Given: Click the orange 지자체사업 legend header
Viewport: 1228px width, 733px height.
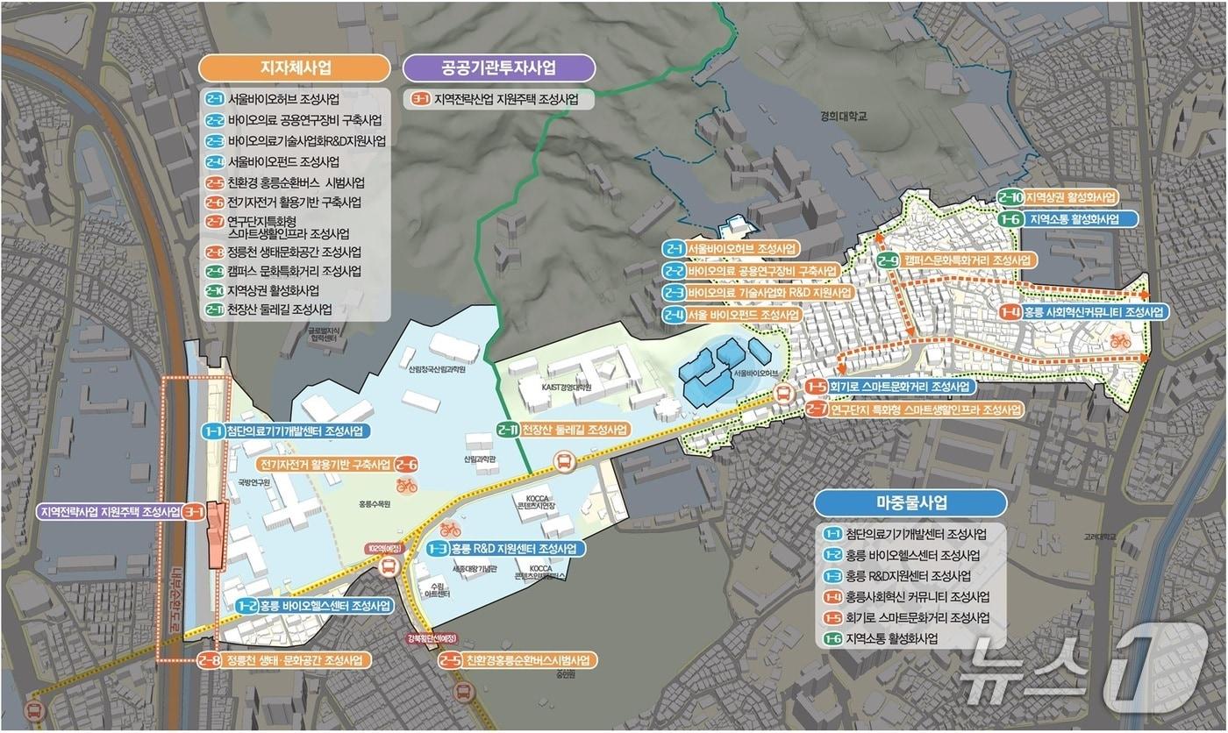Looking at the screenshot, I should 295,68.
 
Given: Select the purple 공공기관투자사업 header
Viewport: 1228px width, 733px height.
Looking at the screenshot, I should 498,68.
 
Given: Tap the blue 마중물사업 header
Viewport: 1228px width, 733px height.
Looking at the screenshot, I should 910,502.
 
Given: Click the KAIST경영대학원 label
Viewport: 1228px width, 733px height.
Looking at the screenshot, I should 567,387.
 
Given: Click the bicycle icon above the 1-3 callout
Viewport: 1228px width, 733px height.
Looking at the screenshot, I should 450,529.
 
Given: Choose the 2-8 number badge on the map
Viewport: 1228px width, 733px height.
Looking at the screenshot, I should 209,660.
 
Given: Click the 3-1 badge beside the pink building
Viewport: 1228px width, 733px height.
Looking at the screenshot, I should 194,511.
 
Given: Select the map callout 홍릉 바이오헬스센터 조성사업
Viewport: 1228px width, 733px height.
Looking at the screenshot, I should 313,606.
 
